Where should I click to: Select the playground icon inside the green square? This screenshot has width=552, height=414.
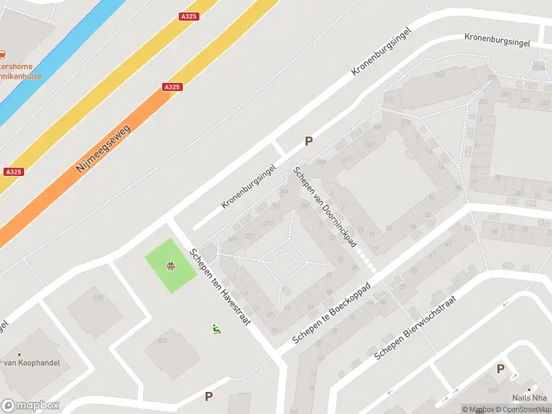click(170, 266)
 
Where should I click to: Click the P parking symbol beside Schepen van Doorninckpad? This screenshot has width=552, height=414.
click(309, 141)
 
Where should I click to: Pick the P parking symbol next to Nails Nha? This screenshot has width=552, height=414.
click(501, 369)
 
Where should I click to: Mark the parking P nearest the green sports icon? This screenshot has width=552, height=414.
click(208, 396)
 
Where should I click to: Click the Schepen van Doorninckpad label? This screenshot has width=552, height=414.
click(324, 206)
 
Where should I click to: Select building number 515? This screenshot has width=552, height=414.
click(99, 297)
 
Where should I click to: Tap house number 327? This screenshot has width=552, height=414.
click(347, 159)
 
